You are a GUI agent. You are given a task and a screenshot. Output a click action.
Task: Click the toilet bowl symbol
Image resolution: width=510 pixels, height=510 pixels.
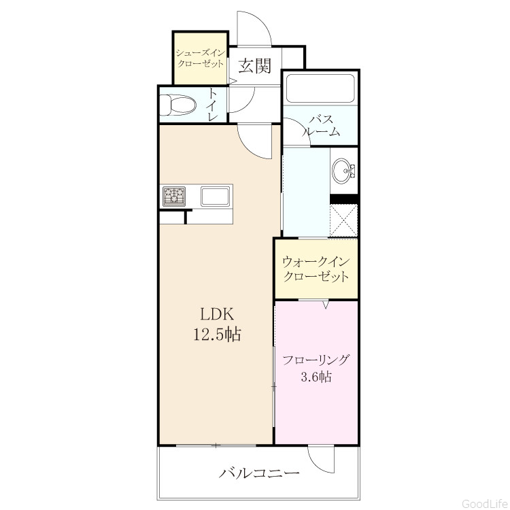click(x=178, y=105)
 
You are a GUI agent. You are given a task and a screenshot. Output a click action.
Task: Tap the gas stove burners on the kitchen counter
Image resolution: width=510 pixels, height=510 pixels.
click(x=174, y=197)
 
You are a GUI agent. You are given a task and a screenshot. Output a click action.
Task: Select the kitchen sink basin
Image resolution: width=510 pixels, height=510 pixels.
click(x=215, y=196)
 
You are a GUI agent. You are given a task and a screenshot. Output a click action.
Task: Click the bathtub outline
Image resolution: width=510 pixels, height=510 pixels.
click(x=320, y=88)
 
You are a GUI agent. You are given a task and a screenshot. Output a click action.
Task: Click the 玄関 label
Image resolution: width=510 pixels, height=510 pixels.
click(x=255, y=66)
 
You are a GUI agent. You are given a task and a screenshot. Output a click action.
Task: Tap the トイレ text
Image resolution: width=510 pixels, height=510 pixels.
click(x=213, y=105)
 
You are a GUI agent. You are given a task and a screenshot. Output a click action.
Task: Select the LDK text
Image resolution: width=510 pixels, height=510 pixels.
click(x=217, y=315)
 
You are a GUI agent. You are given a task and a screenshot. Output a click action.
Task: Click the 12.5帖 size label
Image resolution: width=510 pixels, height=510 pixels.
click(x=217, y=334)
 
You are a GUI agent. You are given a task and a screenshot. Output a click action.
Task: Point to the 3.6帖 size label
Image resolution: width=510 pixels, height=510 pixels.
click(x=316, y=377)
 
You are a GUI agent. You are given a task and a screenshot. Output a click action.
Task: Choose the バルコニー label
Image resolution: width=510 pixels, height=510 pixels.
click(x=259, y=473)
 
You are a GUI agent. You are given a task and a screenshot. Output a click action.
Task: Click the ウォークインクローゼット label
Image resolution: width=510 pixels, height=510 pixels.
click(x=316, y=269)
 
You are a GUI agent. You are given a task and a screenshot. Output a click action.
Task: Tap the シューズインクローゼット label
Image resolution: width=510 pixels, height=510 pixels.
click(x=200, y=58)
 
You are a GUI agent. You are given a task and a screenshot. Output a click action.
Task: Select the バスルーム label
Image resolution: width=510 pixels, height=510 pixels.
click(x=322, y=126)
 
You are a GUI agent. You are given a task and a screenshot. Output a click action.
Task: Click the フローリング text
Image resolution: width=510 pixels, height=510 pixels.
click(x=316, y=360)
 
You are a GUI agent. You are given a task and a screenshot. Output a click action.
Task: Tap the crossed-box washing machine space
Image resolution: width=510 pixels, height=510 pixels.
click(x=343, y=220)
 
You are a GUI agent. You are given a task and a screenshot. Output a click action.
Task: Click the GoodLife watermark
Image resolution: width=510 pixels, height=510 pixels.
click(x=484, y=503)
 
